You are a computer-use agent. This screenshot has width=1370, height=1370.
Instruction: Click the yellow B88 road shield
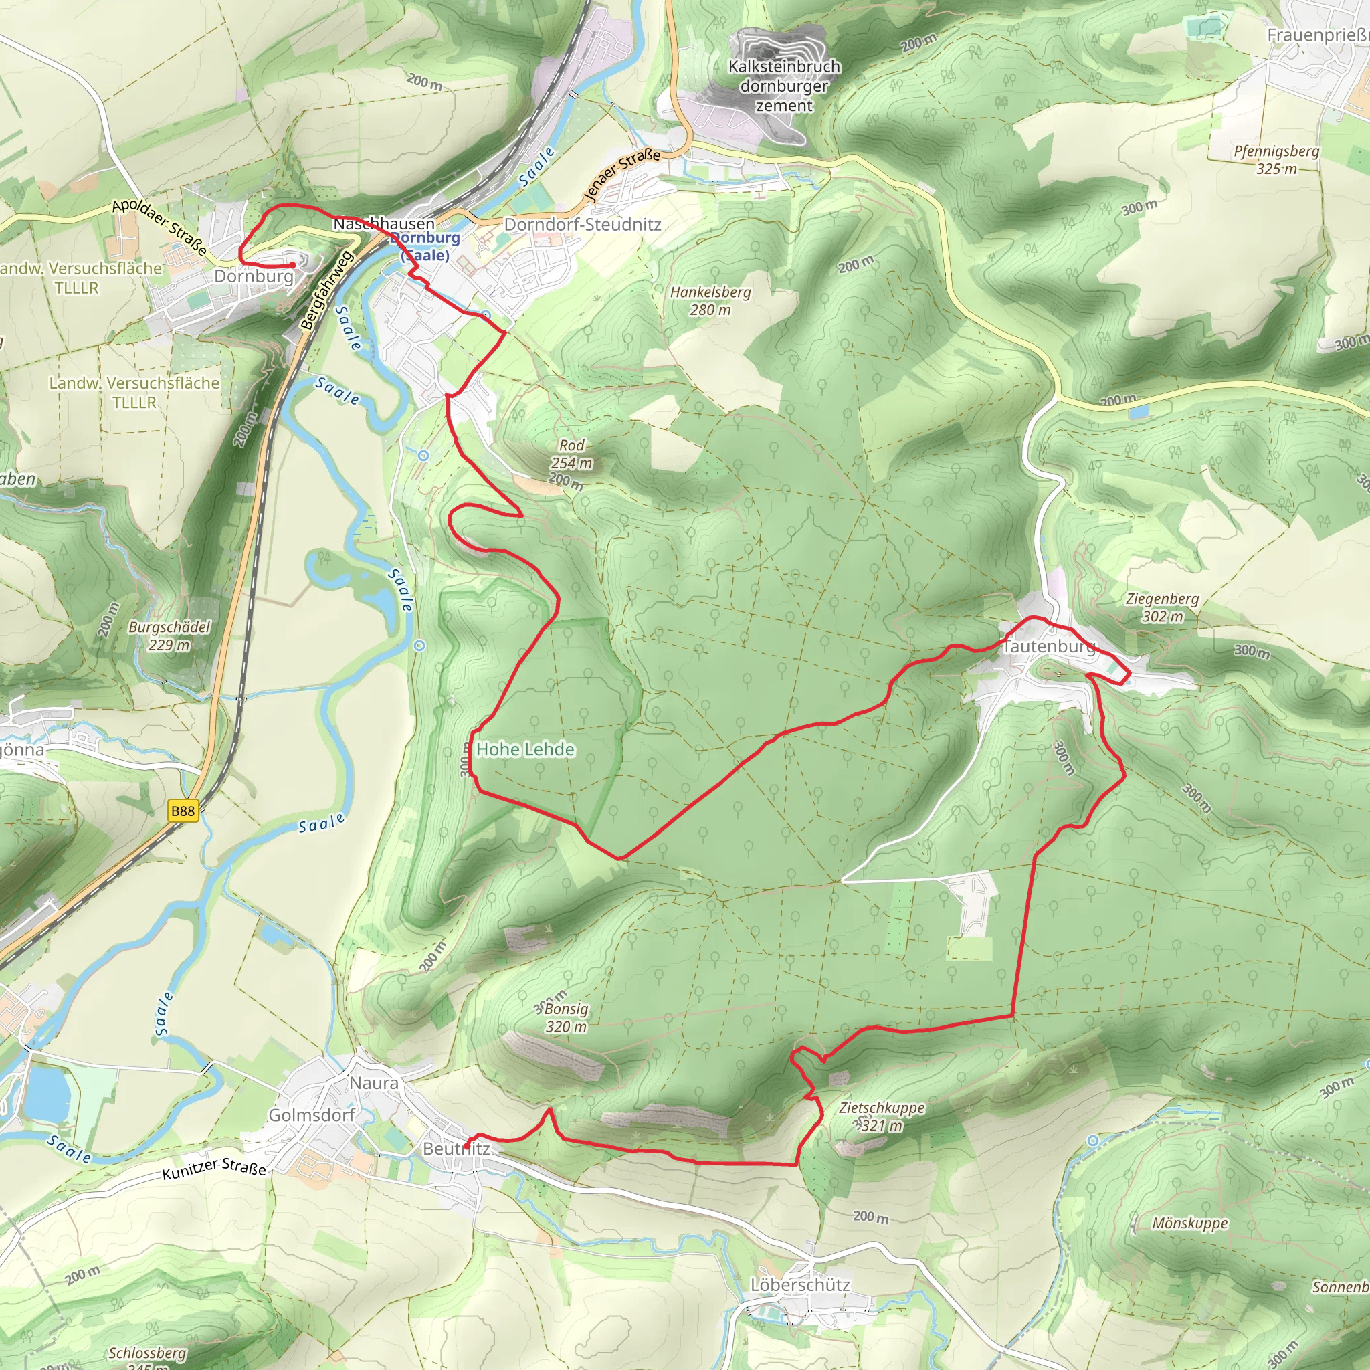click(x=182, y=811)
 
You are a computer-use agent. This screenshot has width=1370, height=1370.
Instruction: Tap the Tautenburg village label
click(x=1048, y=646)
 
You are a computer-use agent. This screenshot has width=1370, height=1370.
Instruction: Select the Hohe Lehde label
click(x=524, y=749)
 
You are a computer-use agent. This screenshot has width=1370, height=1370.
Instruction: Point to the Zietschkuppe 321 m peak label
click(x=882, y=1116)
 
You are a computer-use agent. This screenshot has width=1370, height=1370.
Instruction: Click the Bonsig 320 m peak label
click(x=566, y=1017)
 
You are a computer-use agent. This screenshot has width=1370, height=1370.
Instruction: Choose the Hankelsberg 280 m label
click(x=710, y=300)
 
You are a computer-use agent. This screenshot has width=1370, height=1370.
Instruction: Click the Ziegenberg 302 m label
click(x=1162, y=607)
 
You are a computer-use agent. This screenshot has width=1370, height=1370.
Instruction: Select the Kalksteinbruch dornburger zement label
click(x=784, y=86)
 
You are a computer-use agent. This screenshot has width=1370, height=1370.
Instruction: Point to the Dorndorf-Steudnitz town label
click(x=582, y=225)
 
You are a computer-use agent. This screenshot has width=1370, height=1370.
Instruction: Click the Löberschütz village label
click(x=800, y=1285)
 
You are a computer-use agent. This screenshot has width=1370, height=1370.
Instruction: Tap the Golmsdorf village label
click(x=311, y=1115)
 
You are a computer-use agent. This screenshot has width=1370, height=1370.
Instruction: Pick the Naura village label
click(x=374, y=1083)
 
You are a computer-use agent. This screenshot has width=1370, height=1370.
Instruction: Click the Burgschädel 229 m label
click(x=169, y=636)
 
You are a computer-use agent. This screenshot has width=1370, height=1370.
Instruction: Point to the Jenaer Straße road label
click(x=622, y=174)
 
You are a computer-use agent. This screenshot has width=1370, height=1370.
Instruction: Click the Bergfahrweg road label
click(x=326, y=290)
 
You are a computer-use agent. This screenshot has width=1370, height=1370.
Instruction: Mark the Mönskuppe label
click(x=1189, y=1224)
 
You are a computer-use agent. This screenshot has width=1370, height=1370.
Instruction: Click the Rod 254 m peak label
click(x=571, y=454)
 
